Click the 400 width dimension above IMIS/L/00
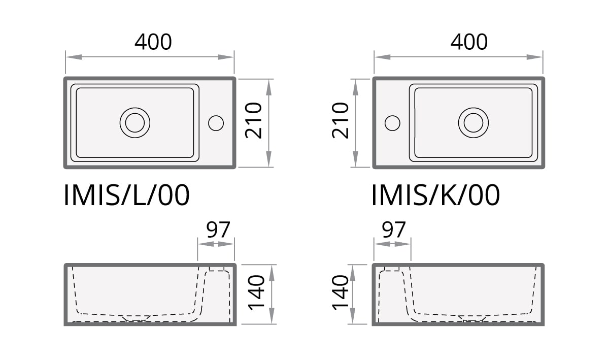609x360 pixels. (x=153, y=42)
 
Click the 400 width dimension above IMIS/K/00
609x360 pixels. (x=469, y=42)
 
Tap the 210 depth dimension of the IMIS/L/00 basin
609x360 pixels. (x=253, y=121)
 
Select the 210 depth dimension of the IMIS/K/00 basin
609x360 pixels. (x=341, y=121)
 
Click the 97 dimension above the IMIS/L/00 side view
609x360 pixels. (x=218, y=230)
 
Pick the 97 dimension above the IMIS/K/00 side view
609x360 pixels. (x=394, y=230)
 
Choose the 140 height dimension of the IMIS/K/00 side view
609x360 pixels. (x=341, y=294)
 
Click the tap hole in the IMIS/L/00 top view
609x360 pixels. (x=216, y=122)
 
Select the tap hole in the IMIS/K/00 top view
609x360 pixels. (x=392, y=123)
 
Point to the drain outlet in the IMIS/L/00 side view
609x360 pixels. (x=136, y=319)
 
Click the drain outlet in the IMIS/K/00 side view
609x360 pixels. (x=473, y=319)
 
